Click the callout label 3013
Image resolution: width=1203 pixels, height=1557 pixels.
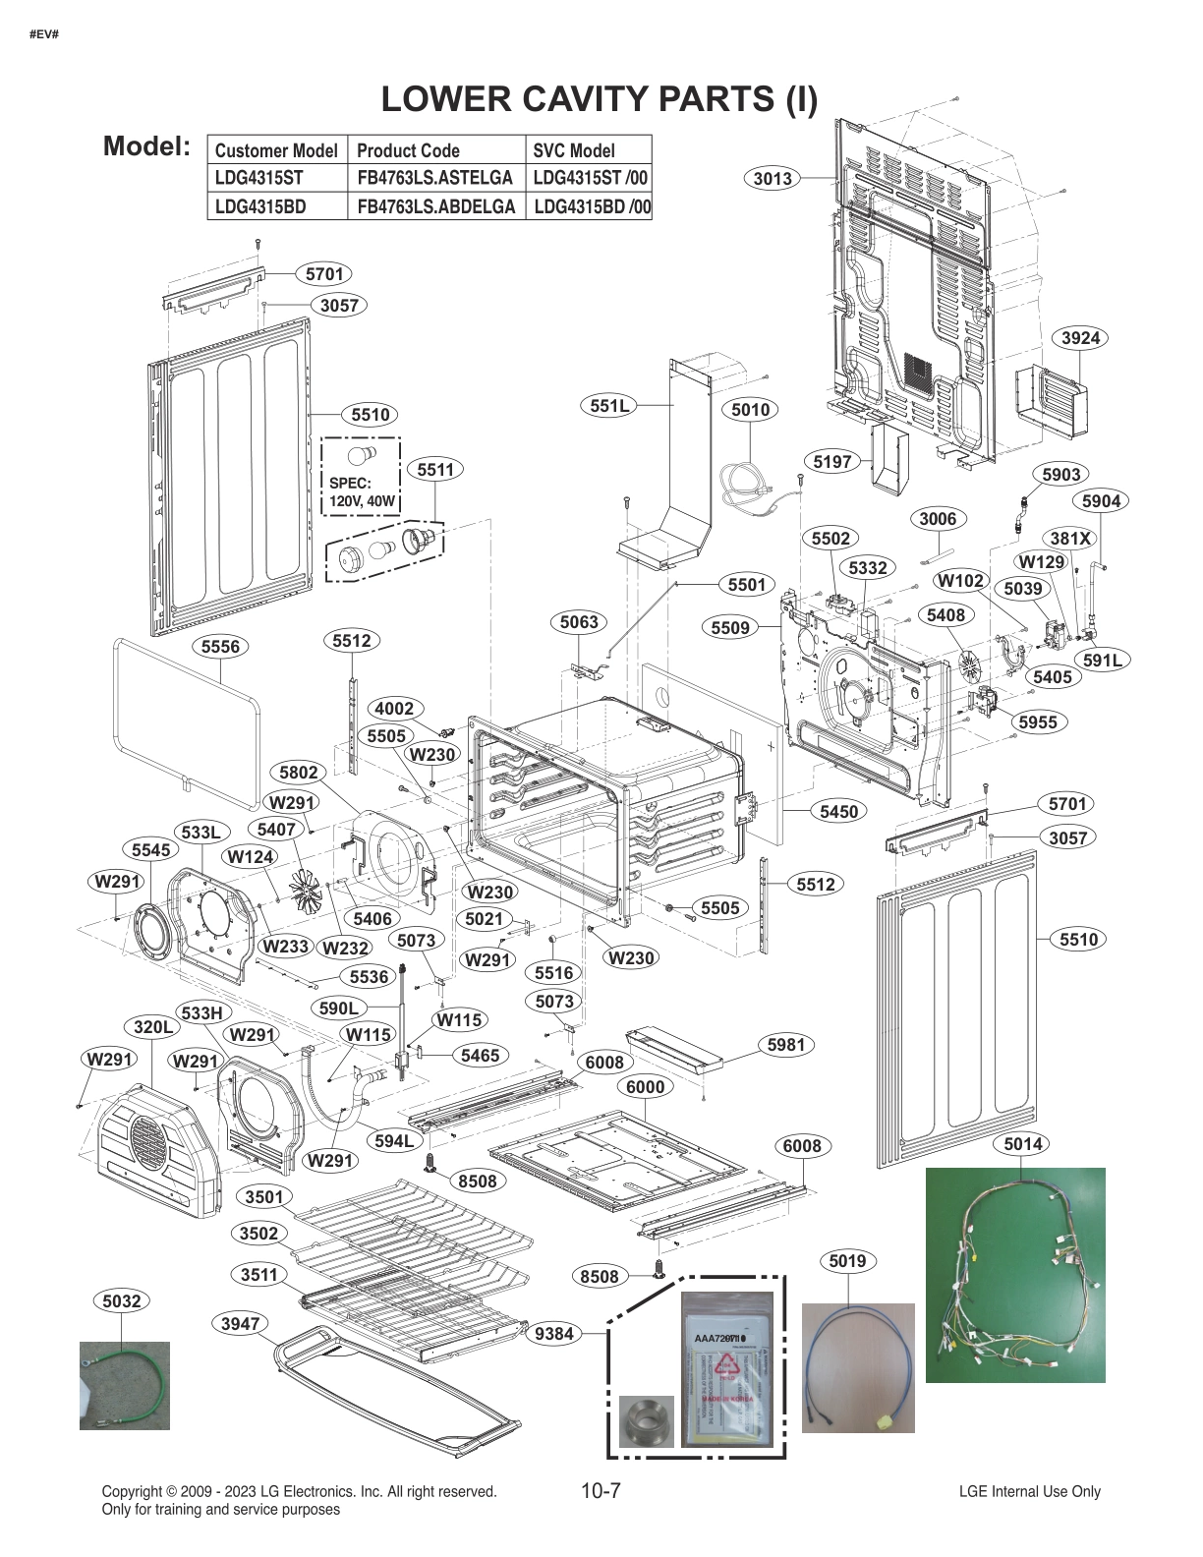tap(773, 178)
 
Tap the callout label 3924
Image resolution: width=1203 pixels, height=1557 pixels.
tap(1081, 338)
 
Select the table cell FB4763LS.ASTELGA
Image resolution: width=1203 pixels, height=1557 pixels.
tap(434, 178)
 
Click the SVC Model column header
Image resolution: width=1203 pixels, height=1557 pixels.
tap(574, 150)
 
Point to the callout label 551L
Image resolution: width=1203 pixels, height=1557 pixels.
tap(609, 405)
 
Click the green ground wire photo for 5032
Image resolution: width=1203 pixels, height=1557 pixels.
tap(124, 1385)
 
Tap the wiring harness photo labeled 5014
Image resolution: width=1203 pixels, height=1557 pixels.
tap(1014, 1274)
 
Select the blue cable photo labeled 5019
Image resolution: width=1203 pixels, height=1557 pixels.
tap(858, 1367)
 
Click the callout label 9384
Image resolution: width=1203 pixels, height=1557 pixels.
tap(554, 1334)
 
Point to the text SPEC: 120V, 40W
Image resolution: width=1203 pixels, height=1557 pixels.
tap(362, 492)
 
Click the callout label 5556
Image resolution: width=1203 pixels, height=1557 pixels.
tap(219, 647)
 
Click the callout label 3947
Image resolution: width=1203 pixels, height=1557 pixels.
tap(239, 1323)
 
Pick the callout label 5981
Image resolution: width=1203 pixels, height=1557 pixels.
tap(786, 1045)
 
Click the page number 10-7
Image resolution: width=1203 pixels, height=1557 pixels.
tap(601, 1491)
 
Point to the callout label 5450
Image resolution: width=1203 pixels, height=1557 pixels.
tap(838, 811)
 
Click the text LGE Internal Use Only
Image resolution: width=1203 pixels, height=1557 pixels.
tap(1029, 1491)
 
